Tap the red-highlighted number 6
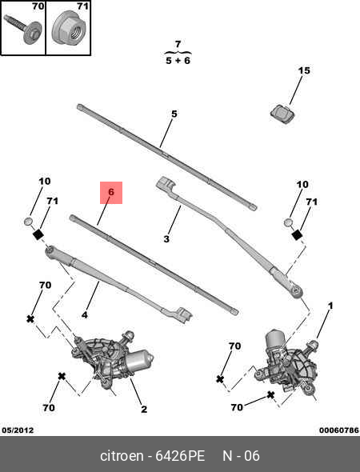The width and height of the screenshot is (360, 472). tap(111, 192)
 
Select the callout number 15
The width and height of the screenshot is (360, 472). tap(304, 70)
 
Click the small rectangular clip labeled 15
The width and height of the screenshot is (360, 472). tap(282, 114)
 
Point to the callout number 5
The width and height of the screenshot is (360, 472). tap(174, 114)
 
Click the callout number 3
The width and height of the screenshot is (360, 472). tap(166, 239)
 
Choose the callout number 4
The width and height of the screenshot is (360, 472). tap(85, 315)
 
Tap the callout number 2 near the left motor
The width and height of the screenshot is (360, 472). tap(144, 409)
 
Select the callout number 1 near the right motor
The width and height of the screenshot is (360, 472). tap(330, 306)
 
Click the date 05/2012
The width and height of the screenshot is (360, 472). tap(18, 430)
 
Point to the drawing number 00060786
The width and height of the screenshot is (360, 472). tap(339, 430)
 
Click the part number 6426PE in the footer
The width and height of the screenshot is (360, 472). tap(180, 456)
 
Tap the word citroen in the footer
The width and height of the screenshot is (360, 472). tap(122, 456)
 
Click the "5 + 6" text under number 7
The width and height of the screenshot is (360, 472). tap(178, 61)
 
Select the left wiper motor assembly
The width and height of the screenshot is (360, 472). tap(112, 361)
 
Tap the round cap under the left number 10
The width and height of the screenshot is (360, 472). tap(28, 222)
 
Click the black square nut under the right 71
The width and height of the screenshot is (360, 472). tap(297, 234)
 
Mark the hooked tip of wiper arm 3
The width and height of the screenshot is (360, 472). tap(166, 184)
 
